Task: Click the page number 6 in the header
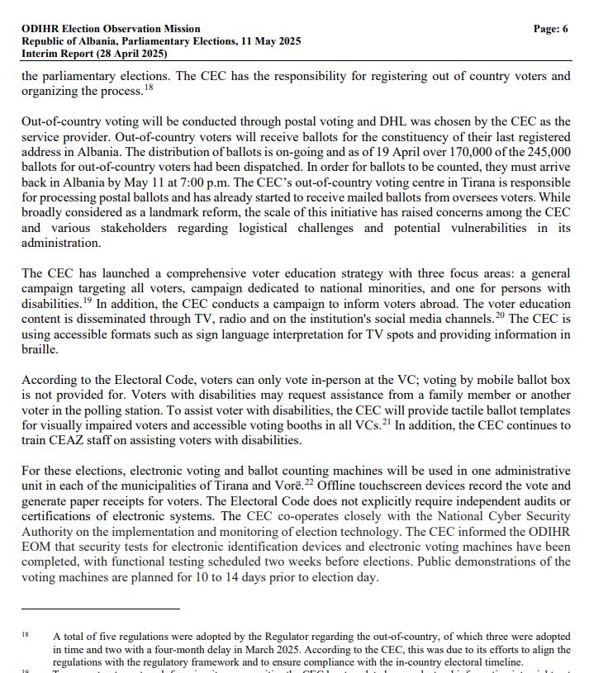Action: [565, 29]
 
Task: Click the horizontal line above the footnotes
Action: [100, 609]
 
